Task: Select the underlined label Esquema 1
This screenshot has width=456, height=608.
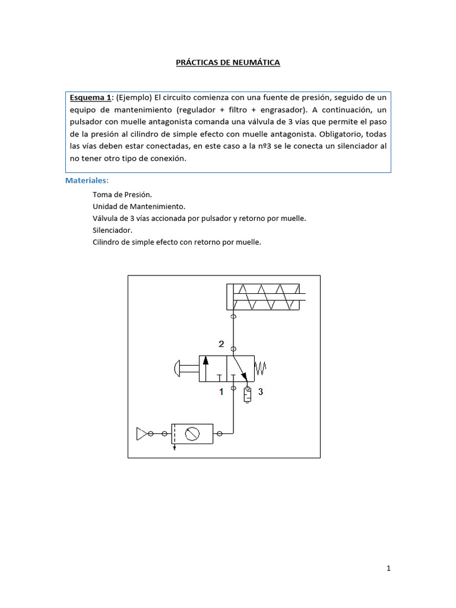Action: (x=91, y=97)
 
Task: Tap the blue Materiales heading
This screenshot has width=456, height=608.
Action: (x=87, y=180)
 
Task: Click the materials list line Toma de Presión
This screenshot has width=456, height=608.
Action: (x=122, y=194)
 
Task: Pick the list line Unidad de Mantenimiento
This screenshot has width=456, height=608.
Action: (x=139, y=206)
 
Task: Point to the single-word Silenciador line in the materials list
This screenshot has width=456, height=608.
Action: (x=113, y=230)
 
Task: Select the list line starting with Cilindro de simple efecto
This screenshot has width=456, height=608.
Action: (x=177, y=242)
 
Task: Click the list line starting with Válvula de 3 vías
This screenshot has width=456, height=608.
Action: (x=199, y=218)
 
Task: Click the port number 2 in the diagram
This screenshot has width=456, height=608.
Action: (x=221, y=344)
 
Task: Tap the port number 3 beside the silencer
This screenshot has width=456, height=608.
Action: (x=260, y=392)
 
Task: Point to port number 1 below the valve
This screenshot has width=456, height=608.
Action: (x=221, y=392)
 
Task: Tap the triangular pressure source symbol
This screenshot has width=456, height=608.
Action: (x=141, y=434)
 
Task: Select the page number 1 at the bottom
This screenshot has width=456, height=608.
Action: (x=388, y=568)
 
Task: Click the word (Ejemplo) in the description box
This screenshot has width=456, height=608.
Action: (x=134, y=97)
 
